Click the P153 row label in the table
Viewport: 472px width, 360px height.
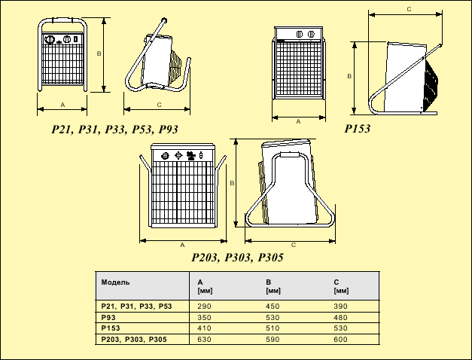coord(111,329)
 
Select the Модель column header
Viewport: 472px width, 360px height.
coord(115,282)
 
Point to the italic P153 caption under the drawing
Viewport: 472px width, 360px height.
coord(358,130)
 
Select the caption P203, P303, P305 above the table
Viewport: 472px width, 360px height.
coord(237,258)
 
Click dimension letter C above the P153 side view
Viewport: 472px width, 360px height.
coord(407,10)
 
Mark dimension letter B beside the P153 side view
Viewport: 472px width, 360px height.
coord(349,77)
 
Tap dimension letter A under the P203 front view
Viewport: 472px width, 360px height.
coord(182,246)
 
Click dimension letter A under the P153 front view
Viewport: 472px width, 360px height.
coord(299,121)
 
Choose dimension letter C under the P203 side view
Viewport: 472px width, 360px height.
coord(292,246)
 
